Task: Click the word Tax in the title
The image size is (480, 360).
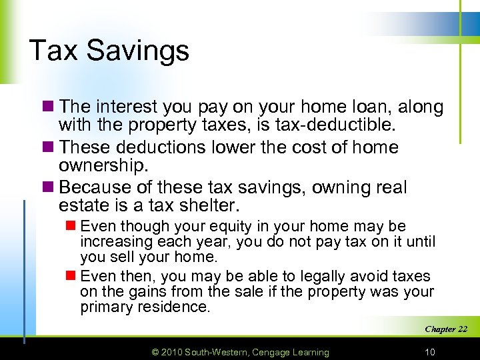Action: click(53, 50)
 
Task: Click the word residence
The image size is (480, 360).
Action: click(175, 307)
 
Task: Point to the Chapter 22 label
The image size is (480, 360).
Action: click(446, 329)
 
